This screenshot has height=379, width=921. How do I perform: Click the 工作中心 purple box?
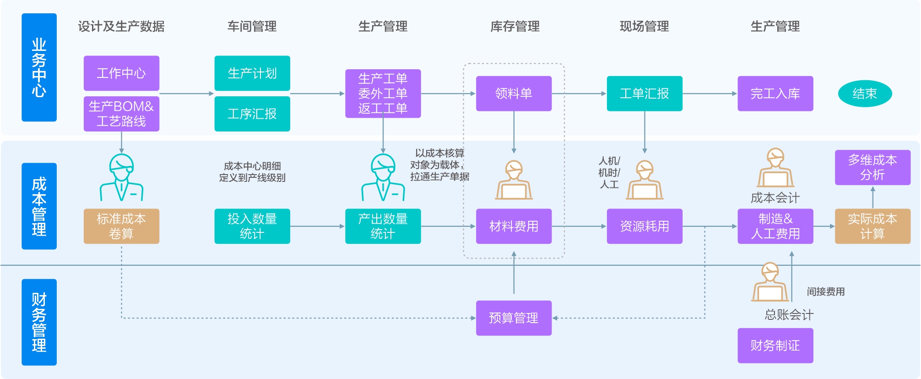(x=121, y=73)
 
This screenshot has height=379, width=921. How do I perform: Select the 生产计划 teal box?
(x=252, y=73)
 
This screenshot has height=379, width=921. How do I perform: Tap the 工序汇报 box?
(x=252, y=114)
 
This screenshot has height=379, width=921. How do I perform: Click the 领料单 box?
(x=514, y=93)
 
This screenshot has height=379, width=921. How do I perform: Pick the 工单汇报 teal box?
(x=644, y=93)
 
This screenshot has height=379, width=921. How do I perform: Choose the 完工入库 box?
(x=775, y=93)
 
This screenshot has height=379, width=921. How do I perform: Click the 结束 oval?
(x=865, y=93)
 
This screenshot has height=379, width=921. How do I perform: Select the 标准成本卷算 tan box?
(x=121, y=226)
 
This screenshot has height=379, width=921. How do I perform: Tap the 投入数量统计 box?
(x=252, y=226)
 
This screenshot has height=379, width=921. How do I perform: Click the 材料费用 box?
(x=514, y=226)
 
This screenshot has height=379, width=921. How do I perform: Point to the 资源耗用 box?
(x=644, y=226)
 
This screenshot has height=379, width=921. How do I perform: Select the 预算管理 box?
(x=514, y=318)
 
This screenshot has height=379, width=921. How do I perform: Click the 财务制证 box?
(x=775, y=346)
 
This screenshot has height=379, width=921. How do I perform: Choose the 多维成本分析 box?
(x=872, y=167)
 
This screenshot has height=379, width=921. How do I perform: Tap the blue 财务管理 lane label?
(x=39, y=322)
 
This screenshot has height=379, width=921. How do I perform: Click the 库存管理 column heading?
(x=515, y=27)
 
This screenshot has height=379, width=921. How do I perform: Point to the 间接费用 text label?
(x=825, y=291)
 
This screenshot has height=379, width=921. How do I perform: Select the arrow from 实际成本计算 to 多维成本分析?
(x=873, y=197)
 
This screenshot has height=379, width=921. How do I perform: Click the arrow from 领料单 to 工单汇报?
(x=579, y=93)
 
